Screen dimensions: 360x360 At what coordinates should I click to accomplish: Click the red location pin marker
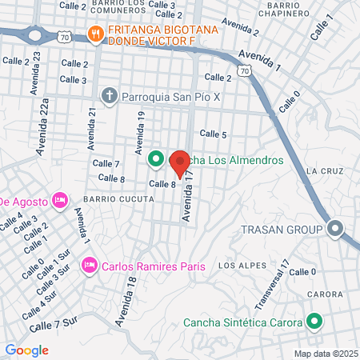coord(180,162)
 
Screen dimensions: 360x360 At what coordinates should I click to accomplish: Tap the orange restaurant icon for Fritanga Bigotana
coord(95,33)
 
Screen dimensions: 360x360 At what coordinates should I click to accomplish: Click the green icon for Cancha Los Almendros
coord(155,160)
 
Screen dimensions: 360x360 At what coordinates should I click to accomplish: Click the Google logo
coord(27,350)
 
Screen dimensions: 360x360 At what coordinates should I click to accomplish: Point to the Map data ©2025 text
coord(325,354)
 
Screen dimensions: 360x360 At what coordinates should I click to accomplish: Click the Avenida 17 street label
coord(188,199)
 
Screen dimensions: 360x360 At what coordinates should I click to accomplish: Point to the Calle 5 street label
coord(213,134)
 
